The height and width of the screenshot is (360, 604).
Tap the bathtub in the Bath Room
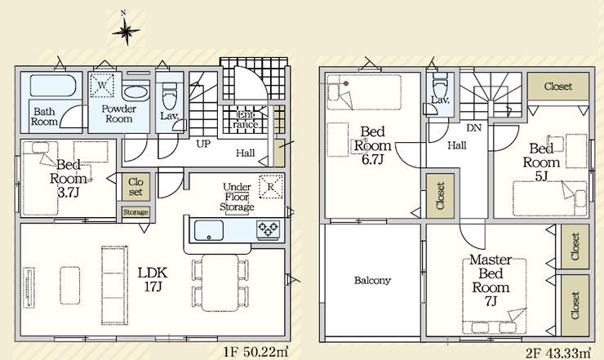53,86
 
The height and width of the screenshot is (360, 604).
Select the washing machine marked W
102,85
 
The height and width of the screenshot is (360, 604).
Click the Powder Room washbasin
135,93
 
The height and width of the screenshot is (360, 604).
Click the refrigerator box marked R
271,187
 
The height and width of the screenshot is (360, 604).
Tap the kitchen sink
209,230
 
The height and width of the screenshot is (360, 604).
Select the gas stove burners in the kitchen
268,230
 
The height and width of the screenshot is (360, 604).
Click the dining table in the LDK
220,282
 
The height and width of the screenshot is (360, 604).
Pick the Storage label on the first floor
135,212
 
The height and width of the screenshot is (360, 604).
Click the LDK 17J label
153,279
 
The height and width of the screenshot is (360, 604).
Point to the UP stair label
203,144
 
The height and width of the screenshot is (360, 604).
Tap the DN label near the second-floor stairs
473,127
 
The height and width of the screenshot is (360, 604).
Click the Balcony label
372,280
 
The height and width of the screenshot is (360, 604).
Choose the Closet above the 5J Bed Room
558,87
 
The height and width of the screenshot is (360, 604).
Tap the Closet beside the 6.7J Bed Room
440,196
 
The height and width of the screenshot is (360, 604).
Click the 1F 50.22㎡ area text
255,352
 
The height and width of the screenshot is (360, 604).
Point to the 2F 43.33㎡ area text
558,353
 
